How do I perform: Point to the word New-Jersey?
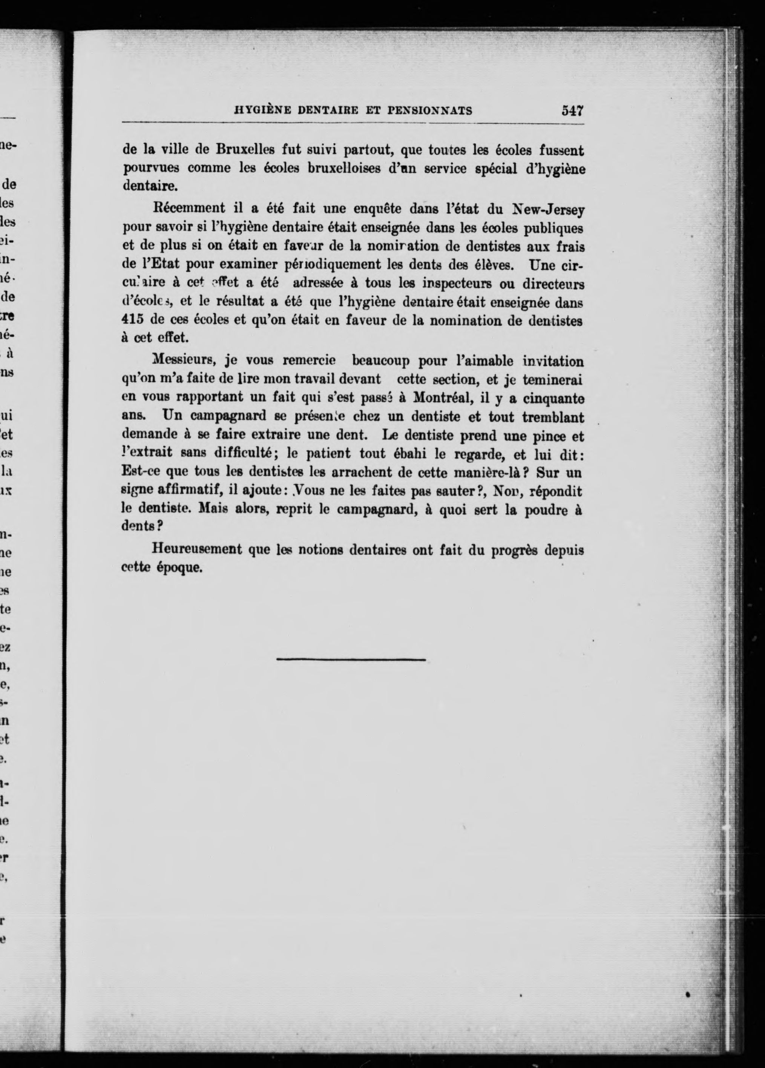coord(548,209)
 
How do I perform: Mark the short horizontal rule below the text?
coord(351,660)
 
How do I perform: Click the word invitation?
coord(553,361)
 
